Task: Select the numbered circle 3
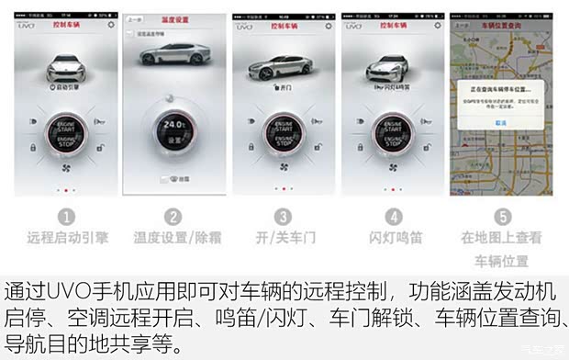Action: tap(284, 218)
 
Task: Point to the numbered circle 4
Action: tap(393, 218)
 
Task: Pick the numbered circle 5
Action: tap(501, 218)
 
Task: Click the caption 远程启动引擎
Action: tap(67, 237)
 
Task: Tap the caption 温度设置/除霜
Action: tap(174, 237)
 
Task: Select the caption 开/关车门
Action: tap(284, 237)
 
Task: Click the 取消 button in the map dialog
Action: tap(500, 122)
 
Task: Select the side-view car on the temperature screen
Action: tap(174, 55)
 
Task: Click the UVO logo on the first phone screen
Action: tap(29, 27)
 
